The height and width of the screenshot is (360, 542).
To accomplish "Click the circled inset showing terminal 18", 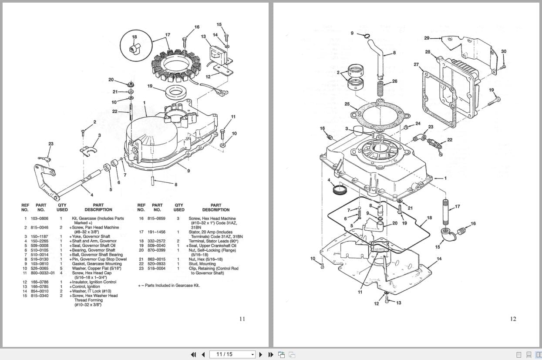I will coord(134,44).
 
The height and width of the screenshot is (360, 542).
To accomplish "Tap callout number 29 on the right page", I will coord(427,38).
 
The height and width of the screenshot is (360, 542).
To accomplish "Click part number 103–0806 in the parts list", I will coord(41,218).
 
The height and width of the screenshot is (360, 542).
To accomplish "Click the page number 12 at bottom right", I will coord(513,319).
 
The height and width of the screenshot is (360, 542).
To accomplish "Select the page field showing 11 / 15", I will coord(232,354).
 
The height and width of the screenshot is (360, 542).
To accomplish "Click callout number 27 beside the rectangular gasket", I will coord(416,64).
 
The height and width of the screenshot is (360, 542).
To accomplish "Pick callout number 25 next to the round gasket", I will coord(347,104).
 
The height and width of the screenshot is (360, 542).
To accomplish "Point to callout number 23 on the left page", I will coord(51,144).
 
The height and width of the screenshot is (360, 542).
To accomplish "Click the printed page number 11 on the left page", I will coord(242,319).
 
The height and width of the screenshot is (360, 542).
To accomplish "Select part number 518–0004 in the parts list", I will coord(157,269).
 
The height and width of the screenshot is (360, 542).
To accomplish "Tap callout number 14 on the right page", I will coord(439,259).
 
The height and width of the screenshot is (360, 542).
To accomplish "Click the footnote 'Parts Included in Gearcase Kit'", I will coord(169,285).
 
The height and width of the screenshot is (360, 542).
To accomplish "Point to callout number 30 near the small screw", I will coord(504,51).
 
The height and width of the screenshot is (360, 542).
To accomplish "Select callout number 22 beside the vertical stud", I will coord(114,111).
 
